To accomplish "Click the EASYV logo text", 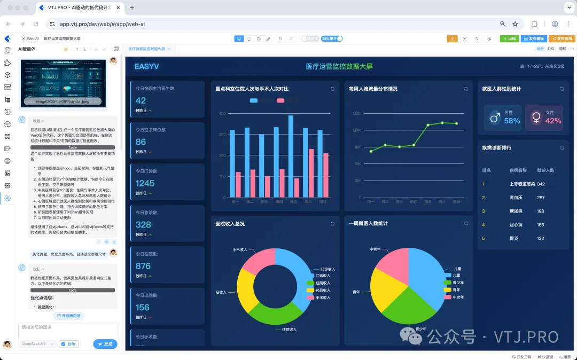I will coord(146,67).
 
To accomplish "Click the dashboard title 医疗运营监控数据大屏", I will coord(339,67).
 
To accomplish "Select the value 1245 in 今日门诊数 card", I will coord(145,183).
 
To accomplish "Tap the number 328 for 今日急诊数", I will coord(143,224).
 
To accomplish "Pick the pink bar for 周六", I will coord(311,173).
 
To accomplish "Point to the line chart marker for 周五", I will coord(428,125).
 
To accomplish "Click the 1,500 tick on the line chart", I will coord(357,114).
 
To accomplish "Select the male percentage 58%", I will coord(512,121).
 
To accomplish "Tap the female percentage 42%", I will coord(553,121).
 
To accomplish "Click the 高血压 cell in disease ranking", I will coord(516,198).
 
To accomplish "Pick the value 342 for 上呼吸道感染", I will coord(541,184).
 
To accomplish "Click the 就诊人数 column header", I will coord(545,170).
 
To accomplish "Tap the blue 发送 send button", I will coord(105,344).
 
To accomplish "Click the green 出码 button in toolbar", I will coord(509,39).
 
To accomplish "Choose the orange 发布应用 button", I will coord(562,39).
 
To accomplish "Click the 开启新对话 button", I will coord(68,316).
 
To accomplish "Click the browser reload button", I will coord(36,24).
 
